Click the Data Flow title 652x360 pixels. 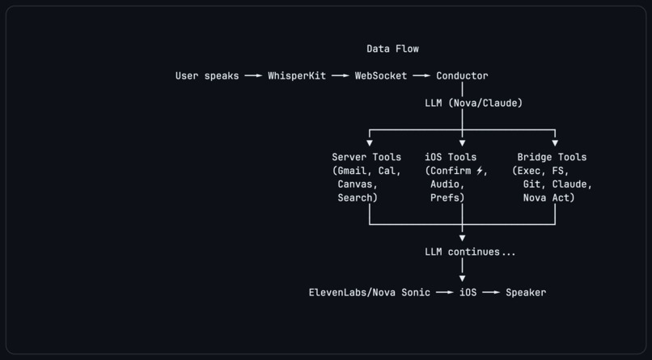tap(392, 49)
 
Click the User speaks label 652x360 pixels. tap(207, 76)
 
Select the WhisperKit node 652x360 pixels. tap(297, 76)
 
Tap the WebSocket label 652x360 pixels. tap(381, 76)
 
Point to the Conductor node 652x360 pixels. tap(462, 76)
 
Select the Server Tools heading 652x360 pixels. tap(366, 157)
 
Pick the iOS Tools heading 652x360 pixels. tap(451, 157)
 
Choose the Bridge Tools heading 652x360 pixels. tap(552, 157)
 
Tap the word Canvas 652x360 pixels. tap(358, 184)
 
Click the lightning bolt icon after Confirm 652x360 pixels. tap(480, 171)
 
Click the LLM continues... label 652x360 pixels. tap(470, 252)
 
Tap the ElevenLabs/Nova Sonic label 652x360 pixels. tap(369, 292)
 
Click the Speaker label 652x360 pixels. tap(526, 292)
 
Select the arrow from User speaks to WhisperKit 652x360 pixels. tap(253, 76)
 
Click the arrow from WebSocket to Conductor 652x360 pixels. tap(421, 76)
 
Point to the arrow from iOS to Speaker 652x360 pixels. tap(491, 292)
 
